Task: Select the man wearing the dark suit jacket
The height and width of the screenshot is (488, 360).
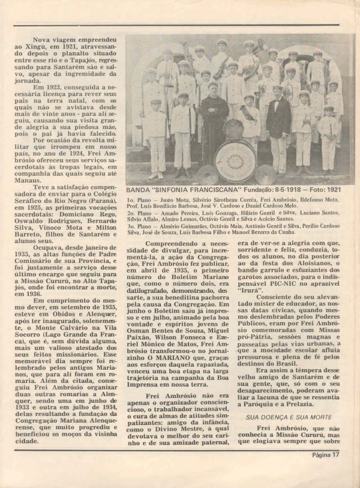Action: [x=278, y=126]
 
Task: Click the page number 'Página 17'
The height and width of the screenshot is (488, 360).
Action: [x=326, y=471]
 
